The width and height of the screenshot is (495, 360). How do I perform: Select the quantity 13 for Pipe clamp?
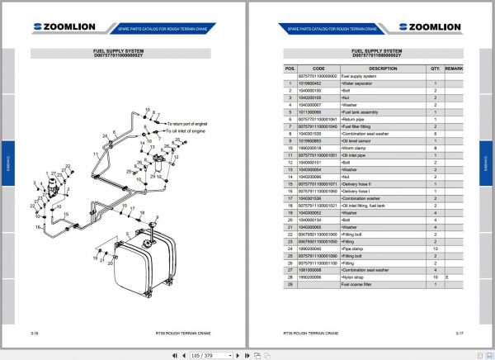coord(435,247)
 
